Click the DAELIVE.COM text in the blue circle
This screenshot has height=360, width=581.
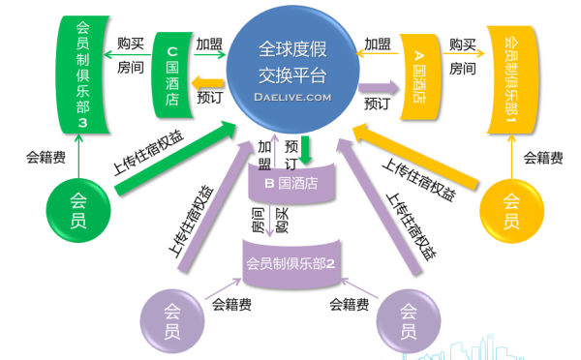click(x=292, y=97)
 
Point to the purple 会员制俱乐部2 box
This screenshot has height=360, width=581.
click(x=291, y=261)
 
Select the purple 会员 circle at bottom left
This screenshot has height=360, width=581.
click(x=172, y=322)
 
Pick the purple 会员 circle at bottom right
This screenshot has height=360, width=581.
click(x=409, y=322)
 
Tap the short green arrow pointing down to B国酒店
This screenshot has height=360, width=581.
click(x=305, y=148)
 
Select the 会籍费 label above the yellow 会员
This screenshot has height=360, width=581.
click(x=541, y=157)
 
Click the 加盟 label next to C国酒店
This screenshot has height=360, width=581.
click(x=209, y=45)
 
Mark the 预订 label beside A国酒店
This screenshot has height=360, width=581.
click(x=378, y=104)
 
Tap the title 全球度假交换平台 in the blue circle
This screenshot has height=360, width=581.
click(x=292, y=61)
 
